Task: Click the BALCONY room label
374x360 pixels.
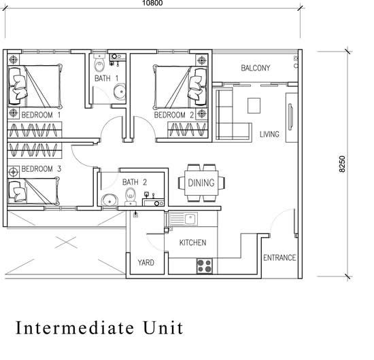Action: coord(255,68)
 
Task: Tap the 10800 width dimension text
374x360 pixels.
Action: coord(152,3)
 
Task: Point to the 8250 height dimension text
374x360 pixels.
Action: coord(342,164)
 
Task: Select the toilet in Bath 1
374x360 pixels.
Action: coord(99,62)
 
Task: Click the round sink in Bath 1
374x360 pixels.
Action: coord(120,91)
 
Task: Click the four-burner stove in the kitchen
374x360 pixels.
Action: coord(205,266)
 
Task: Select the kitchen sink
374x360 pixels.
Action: coord(183,219)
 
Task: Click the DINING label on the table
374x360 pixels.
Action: coord(201,183)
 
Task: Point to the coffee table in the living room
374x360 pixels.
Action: coord(254,105)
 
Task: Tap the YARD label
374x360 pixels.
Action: coord(146,263)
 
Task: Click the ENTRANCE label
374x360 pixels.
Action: coord(279,258)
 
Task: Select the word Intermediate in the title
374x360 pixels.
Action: coord(75,328)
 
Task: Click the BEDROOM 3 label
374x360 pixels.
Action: coord(41,169)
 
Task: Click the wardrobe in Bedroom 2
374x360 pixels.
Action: coord(188,130)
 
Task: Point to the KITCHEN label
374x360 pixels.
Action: coord(192,242)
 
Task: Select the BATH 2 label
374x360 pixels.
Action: coord(135,182)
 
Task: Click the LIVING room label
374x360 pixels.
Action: coord(269,134)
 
